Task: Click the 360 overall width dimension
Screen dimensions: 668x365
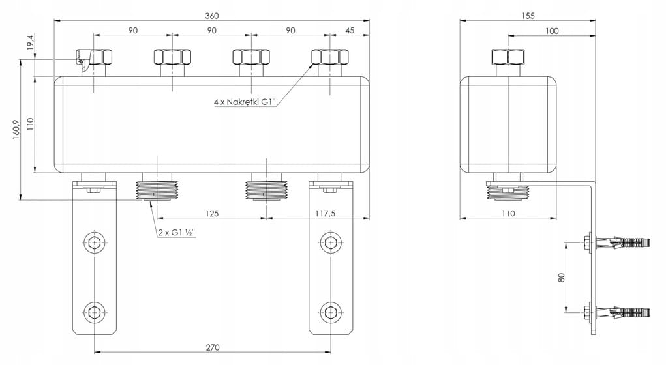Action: pos(212,16)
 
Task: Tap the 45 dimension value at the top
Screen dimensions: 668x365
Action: pos(350,30)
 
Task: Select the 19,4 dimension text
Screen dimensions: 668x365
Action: pos(30,44)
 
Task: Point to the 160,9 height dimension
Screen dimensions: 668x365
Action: pos(16,130)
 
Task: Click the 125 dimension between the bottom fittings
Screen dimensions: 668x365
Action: pos(212,213)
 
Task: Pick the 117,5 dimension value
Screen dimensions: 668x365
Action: pos(325,213)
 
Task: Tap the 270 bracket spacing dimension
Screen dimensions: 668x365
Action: pos(213,347)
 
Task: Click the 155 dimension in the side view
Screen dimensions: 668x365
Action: pos(528,16)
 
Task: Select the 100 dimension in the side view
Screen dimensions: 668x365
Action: pos(552,31)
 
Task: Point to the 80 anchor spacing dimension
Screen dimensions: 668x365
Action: pos(562,278)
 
